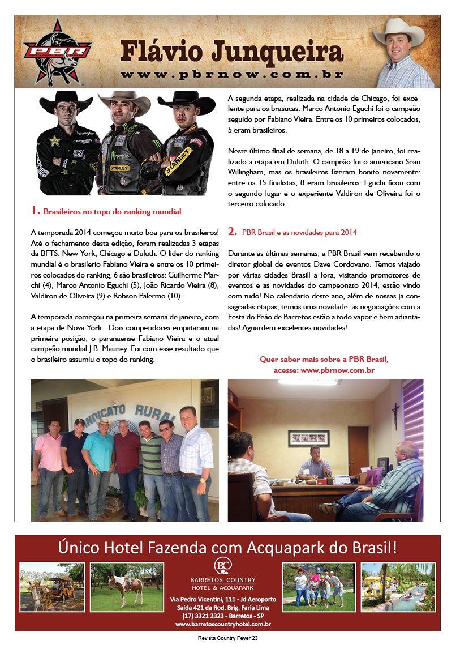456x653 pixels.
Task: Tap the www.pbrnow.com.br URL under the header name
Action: click(x=232, y=74)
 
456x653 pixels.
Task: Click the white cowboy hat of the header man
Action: click(x=399, y=31)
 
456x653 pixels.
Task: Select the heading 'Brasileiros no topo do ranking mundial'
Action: click(x=112, y=212)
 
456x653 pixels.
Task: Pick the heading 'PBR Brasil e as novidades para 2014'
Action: click(x=299, y=232)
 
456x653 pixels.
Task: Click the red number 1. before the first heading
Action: click(x=35, y=211)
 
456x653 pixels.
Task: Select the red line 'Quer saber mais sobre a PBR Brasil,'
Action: click(x=324, y=360)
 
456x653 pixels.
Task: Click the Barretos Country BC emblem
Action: click(x=222, y=565)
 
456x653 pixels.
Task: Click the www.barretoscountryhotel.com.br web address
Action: click(x=223, y=624)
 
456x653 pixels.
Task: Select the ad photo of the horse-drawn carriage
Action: click(x=51, y=587)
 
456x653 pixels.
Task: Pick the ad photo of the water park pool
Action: click(x=398, y=587)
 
